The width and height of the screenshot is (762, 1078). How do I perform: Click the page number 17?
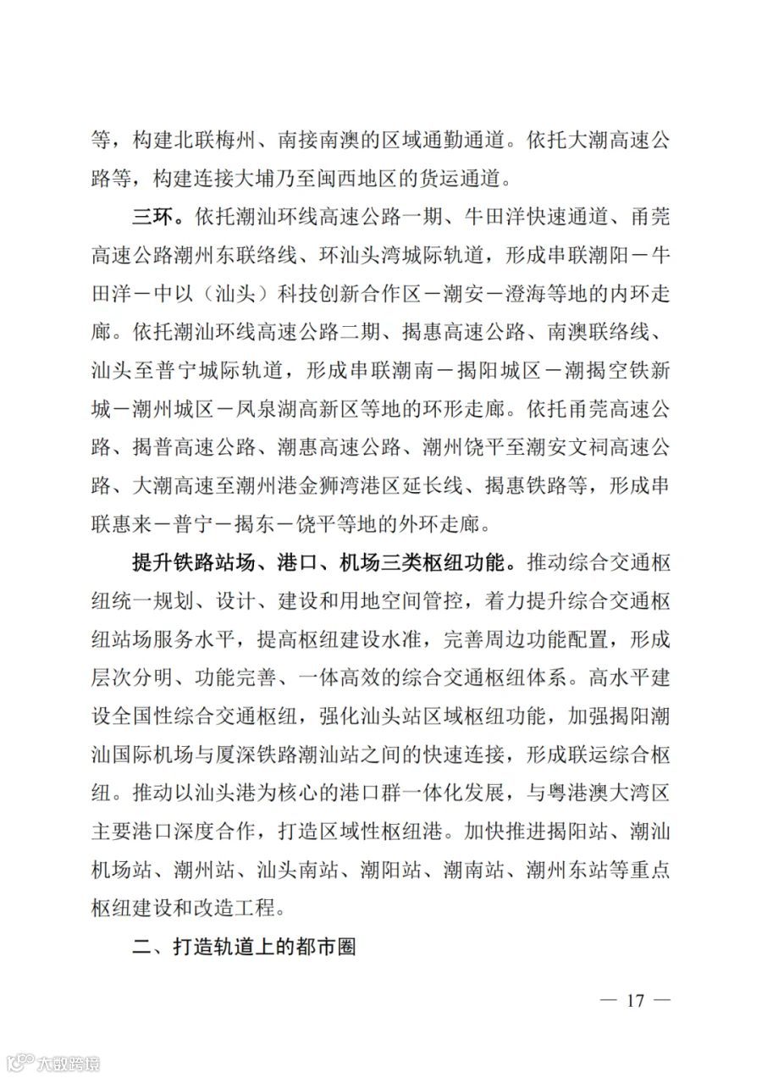pyautogui.click(x=635, y=1000)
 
